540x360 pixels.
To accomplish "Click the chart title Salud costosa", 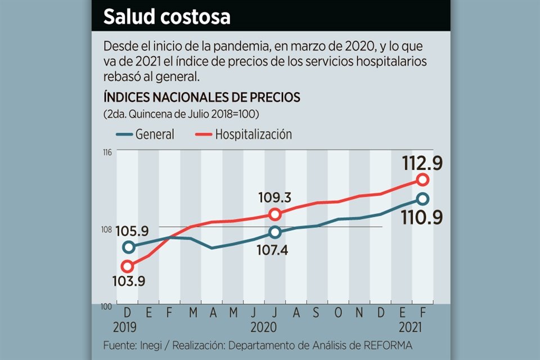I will [167, 17].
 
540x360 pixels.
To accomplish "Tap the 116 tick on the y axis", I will [107, 151].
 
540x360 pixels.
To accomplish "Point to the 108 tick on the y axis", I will [107, 229].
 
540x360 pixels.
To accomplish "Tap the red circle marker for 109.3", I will [274, 214].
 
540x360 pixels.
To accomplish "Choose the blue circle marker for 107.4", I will [274, 232].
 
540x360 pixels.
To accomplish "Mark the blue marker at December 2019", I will [128, 247].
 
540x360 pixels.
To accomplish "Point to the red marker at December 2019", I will [128, 266].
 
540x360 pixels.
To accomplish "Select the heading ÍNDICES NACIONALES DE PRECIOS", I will [201, 97].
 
